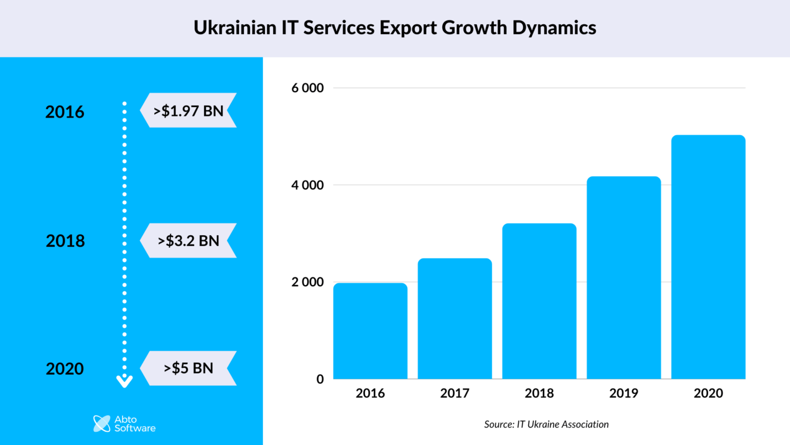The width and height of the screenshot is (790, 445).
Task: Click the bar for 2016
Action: click(x=370, y=331)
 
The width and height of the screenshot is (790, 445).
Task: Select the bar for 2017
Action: click(x=455, y=319)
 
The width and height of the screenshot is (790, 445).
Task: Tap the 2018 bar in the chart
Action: click(x=539, y=301)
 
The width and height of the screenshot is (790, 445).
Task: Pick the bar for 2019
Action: click(x=624, y=277)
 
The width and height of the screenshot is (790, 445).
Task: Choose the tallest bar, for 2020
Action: click(x=708, y=257)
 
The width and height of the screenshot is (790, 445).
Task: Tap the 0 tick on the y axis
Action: click(x=320, y=379)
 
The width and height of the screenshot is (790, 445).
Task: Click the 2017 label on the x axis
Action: click(x=455, y=393)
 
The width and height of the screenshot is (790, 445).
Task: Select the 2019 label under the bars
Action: click(x=624, y=393)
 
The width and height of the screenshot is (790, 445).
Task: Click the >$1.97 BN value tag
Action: click(x=188, y=110)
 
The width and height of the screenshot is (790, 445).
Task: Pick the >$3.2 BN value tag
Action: click(x=188, y=241)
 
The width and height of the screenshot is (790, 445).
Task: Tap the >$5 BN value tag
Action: click(x=188, y=368)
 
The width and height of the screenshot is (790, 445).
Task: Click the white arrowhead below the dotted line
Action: click(x=125, y=381)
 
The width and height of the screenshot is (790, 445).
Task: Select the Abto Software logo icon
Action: click(x=102, y=424)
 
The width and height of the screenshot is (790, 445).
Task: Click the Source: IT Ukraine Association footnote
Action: click(x=546, y=424)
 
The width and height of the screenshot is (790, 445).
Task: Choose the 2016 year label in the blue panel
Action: click(x=65, y=112)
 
